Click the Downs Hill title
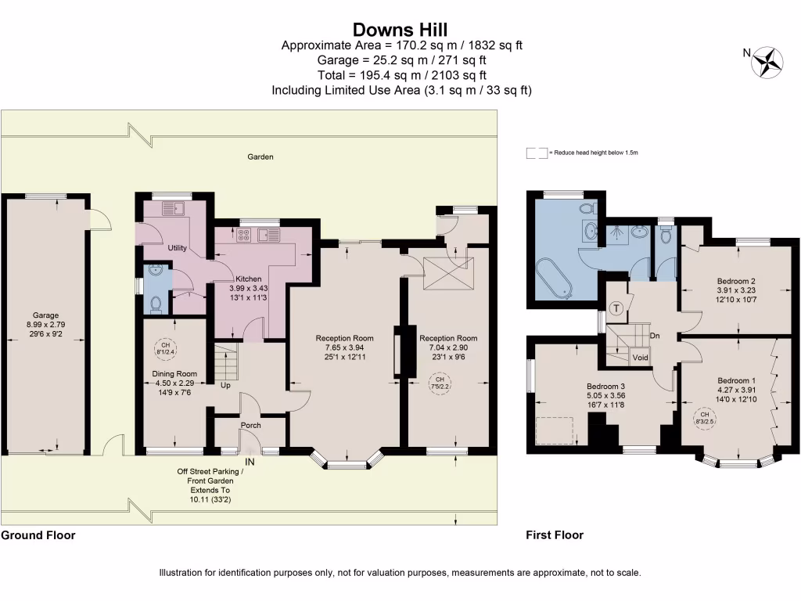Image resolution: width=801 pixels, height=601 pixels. [400, 29]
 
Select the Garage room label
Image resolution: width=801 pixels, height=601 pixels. [45, 315]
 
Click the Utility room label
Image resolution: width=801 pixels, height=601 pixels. [178, 248]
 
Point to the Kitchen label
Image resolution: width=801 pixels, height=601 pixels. [248, 279]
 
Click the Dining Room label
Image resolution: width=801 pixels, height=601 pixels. [174, 373]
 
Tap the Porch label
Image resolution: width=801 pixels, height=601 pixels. [251, 425]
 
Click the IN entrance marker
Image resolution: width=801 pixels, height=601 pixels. [250, 462]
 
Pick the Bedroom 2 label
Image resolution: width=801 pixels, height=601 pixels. [736, 281]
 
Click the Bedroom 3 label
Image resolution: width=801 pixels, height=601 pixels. [605, 387]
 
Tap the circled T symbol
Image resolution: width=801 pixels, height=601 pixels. [616, 308]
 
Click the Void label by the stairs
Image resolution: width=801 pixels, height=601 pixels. [640, 358]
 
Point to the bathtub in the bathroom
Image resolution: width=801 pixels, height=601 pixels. [555, 279]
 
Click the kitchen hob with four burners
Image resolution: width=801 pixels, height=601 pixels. [244, 235]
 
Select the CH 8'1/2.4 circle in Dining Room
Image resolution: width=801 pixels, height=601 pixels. [166, 348]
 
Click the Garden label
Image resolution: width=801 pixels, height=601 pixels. [260, 157]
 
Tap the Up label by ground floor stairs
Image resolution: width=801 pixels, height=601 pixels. [225, 385]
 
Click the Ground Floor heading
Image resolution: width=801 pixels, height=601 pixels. [38, 535]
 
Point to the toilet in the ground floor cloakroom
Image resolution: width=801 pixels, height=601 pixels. [156, 304]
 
